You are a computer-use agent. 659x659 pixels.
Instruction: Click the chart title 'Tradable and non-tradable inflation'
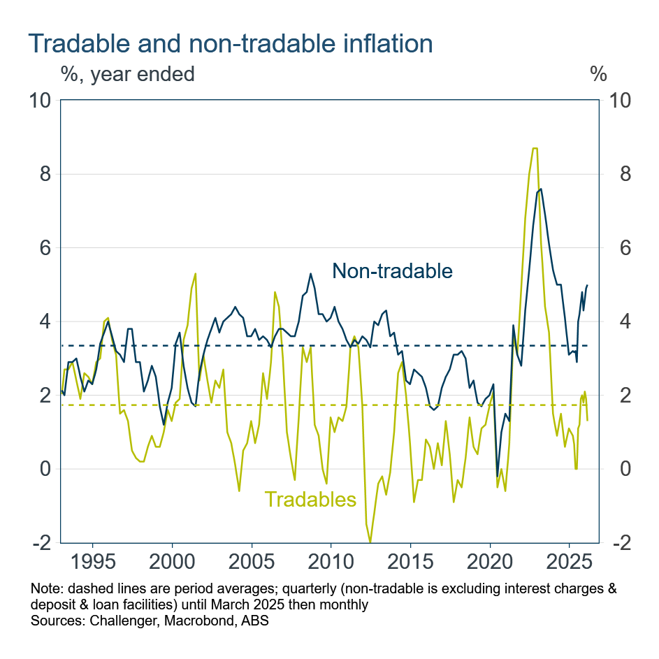231,43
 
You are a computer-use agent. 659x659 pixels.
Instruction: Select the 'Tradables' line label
310,499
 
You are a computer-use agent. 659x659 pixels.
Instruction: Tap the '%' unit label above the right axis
598,73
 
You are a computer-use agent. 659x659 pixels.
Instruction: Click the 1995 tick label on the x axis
94,563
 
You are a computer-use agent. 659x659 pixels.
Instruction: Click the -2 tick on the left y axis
42,543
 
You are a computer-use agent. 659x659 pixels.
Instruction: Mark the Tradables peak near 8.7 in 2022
535,148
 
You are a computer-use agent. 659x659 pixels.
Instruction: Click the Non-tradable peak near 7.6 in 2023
542,189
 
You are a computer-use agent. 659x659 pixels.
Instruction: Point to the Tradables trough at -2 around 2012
370,542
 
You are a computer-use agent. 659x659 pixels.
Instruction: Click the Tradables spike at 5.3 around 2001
195,274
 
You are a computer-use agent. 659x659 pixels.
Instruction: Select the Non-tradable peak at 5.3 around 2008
310,274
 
